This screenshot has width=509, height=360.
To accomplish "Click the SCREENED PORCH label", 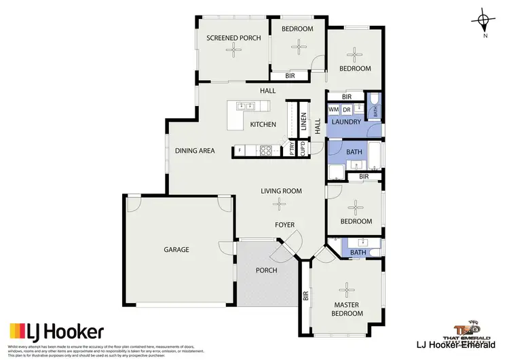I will click(x=233, y=38).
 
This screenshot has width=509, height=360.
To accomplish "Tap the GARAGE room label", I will click(x=176, y=249).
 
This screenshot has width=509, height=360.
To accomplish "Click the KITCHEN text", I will click(x=263, y=124).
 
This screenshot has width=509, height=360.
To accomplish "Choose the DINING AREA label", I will click(x=195, y=151).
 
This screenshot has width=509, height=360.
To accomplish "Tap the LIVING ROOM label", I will click(x=281, y=191).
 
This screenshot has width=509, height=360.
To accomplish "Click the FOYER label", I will click(x=284, y=224).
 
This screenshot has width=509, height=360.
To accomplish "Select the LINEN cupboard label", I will click(x=303, y=123).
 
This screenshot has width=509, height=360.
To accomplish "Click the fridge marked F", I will click(x=240, y=150).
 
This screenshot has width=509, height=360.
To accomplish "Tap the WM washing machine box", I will click(x=333, y=109).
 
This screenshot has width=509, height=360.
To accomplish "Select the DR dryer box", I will click(x=346, y=109).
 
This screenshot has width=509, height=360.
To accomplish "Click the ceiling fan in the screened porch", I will click(x=233, y=50).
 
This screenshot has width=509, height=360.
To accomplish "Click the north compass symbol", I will click(x=483, y=22).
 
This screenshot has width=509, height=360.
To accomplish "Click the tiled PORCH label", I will click(x=267, y=270).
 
